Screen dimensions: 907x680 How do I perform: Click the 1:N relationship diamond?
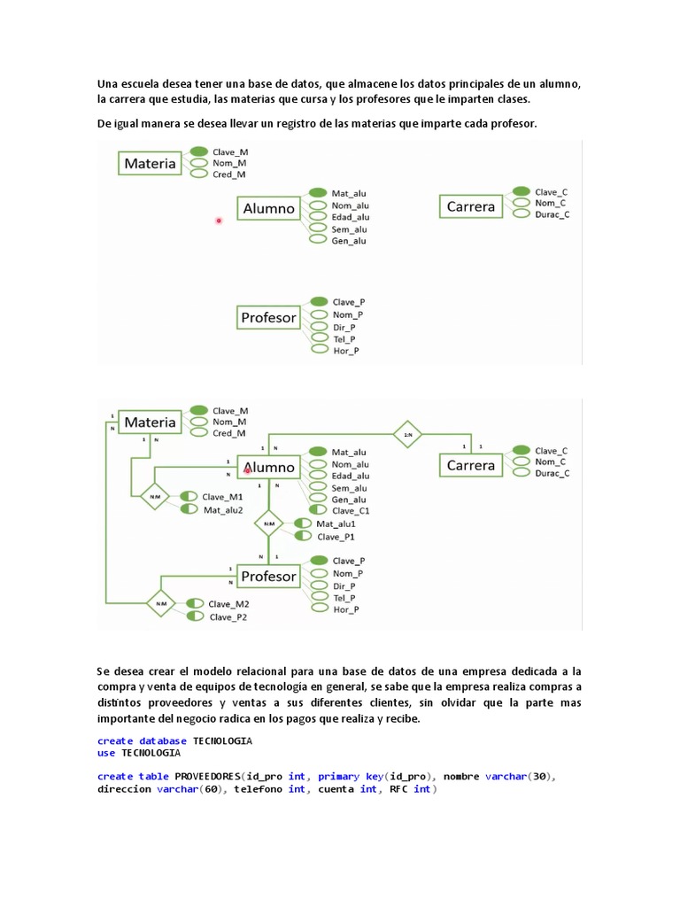[x=408, y=434]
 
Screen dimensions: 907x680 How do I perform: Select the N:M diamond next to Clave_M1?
[x=155, y=497]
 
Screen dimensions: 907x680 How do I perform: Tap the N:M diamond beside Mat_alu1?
[x=268, y=523]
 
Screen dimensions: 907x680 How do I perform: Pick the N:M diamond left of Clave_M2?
[x=161, y=605]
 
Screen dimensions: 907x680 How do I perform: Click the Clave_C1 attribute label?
[x=351, y=511]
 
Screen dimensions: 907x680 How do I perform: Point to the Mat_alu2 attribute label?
[x=223, y=509]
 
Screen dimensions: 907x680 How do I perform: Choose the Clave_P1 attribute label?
[x=336, y=536]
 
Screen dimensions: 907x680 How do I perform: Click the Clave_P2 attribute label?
[x=228, y=617]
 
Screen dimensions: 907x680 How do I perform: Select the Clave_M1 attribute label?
[x=223, y=497]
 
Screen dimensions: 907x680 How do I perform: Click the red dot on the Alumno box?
[x=248, y=470]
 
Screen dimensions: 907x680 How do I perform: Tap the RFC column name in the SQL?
[x=398, y=789]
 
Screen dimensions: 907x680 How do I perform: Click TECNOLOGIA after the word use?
[x=151, y=753]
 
